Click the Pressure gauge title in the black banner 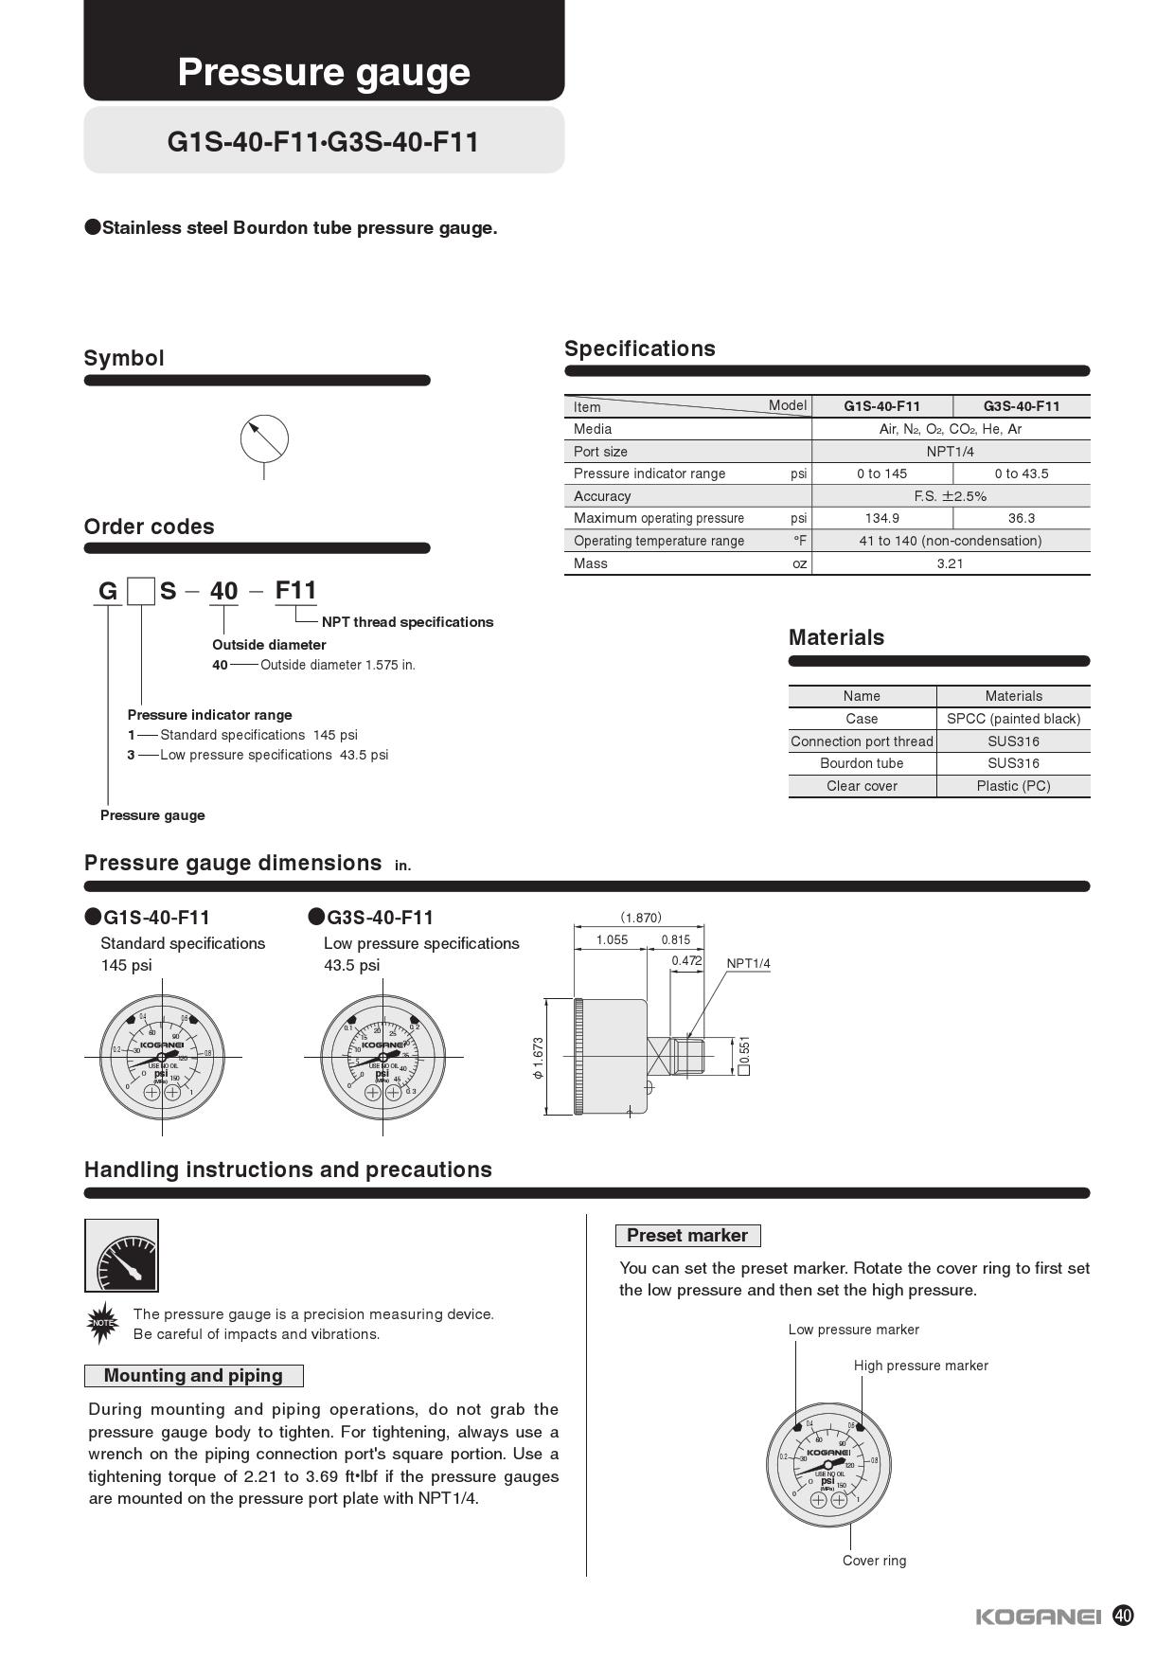324,72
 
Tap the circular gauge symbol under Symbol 264,438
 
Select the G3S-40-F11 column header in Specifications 1021,406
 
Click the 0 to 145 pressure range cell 881,473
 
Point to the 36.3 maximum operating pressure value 1021,518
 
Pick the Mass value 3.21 950,563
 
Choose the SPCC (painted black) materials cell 1013,719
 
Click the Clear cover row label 862,786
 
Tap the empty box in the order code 141,592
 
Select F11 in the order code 295,591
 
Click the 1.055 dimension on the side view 612,939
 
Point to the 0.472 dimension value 686,961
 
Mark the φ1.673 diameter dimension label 538,1058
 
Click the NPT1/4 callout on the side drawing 748,964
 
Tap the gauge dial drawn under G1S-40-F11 162,1057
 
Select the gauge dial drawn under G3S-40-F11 382,1057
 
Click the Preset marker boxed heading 686,1236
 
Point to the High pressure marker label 920,1366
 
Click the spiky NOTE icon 101,1324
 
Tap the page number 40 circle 1123,1616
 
